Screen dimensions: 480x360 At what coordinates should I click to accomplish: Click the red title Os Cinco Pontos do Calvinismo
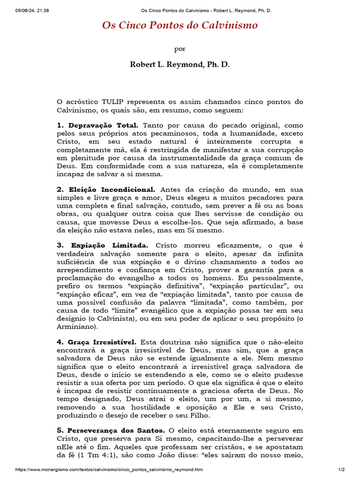pyautogui.click(x=180, y=25)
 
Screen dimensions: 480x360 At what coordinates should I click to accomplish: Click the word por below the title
pyautogui.click(x=180, y=48)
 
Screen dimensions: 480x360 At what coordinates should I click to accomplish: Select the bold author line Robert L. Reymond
pyautogui.click(x=180, y=64)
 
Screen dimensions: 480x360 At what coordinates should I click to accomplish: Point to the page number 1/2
pyautogui.click(x=341, y=469)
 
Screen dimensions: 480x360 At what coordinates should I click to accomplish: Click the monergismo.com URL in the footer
pyautogui.click(x=109, y=469)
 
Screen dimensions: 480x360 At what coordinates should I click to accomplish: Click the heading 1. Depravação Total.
pyautogui.click(x=97, y=126)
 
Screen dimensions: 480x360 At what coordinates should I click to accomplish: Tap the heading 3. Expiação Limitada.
pyautogui.click(x=102, y=245)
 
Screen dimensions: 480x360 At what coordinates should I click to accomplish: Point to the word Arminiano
pyautogui.click(x=77, y=326)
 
